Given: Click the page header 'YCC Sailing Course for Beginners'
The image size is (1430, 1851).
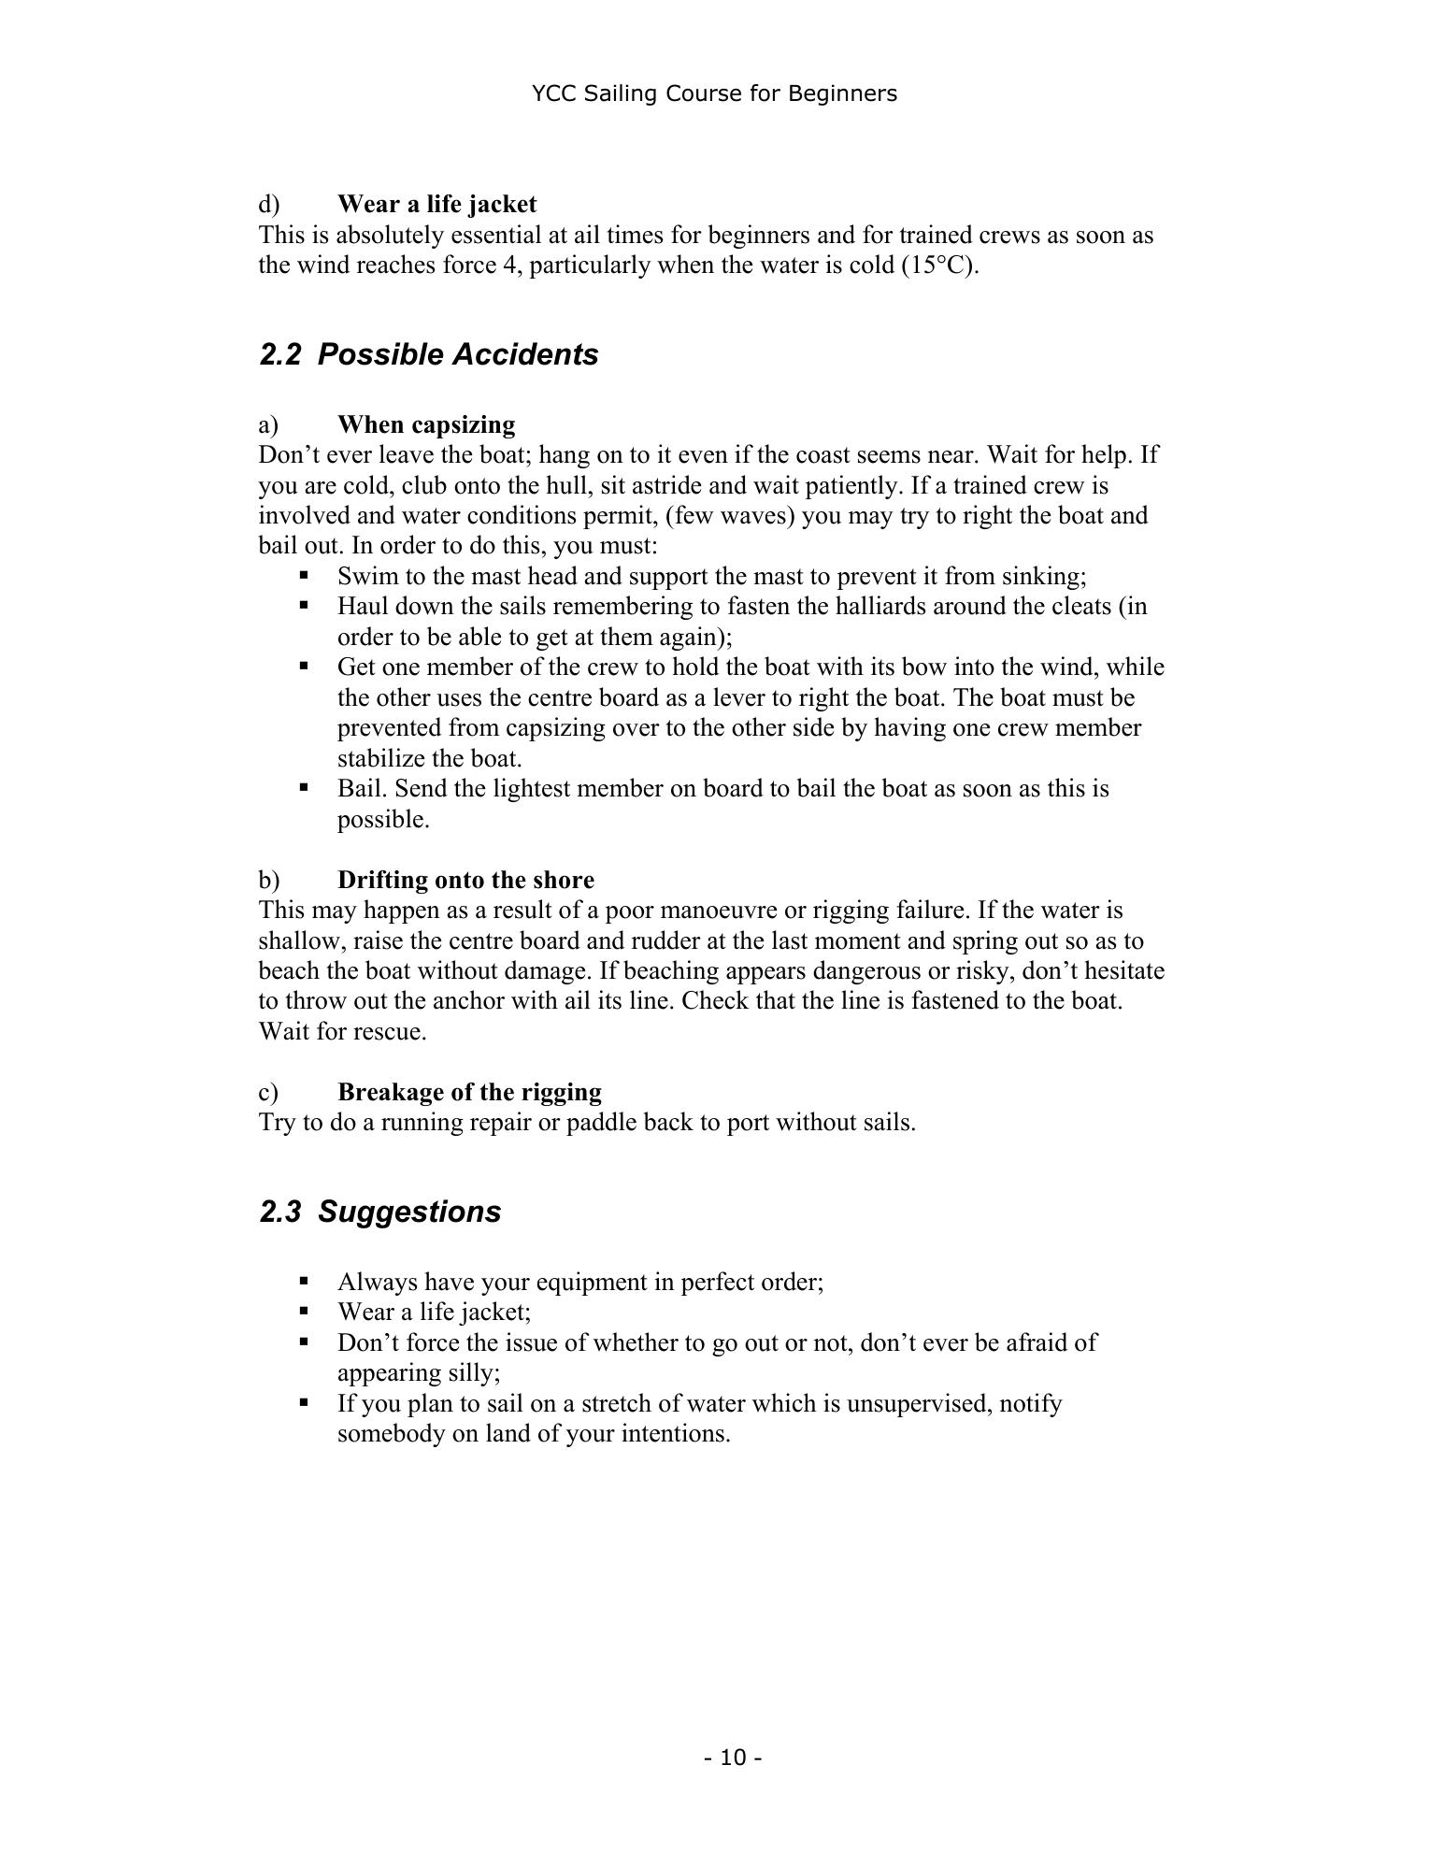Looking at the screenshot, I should tap(714, 93).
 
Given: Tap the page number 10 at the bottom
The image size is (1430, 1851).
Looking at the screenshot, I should tap(734, 1758).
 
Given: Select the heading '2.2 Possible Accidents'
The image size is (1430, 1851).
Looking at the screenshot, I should tap(429, 354).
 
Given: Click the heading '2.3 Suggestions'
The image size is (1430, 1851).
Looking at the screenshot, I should tap(380, 1212).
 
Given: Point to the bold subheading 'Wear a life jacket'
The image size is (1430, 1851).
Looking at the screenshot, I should tap(436, 204).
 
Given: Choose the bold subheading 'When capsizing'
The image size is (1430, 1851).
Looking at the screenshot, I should tap(425, 424).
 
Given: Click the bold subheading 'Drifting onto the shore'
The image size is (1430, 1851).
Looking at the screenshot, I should tap(465, 880).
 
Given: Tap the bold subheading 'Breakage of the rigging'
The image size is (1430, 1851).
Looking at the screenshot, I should tap(469, 1092).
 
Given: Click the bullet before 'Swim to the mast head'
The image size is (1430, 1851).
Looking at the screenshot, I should tap(304, 576).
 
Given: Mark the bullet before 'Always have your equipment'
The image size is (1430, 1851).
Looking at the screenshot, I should tap(304, 1282).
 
